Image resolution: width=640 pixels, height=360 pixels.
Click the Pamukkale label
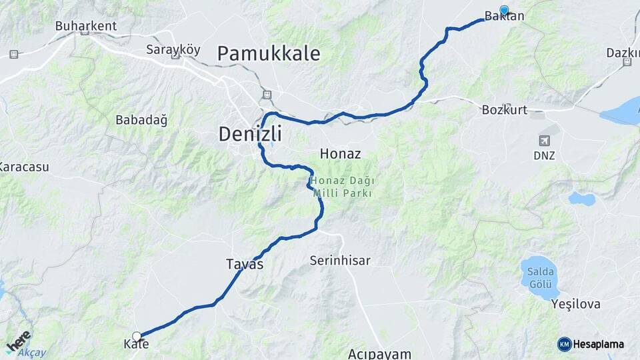pos(269,53)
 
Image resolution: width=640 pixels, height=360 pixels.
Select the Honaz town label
pos(340,153)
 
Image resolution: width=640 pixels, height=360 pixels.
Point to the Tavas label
pos(245,264)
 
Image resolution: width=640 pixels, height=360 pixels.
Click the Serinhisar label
pos(340,261)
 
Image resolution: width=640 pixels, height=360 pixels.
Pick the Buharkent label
pos(86,26)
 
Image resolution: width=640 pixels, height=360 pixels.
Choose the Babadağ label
pos(141,120)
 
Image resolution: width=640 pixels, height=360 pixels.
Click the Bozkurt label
pos(504,111)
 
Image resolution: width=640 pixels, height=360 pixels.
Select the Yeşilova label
pos(576,305)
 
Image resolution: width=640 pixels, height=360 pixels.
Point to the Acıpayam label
pos(379,353)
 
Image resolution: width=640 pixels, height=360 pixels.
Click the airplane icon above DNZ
pos(545,141)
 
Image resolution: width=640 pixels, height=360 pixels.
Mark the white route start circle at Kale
pos(137,337)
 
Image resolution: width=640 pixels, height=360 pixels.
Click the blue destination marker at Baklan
pos(504,11)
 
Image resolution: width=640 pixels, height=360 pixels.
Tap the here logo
pos(18,340)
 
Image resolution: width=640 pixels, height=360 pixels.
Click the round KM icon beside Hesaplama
pos(564,344)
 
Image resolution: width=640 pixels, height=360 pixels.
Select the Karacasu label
pos(24,167)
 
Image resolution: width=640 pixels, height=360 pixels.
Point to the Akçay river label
pos(32,353)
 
